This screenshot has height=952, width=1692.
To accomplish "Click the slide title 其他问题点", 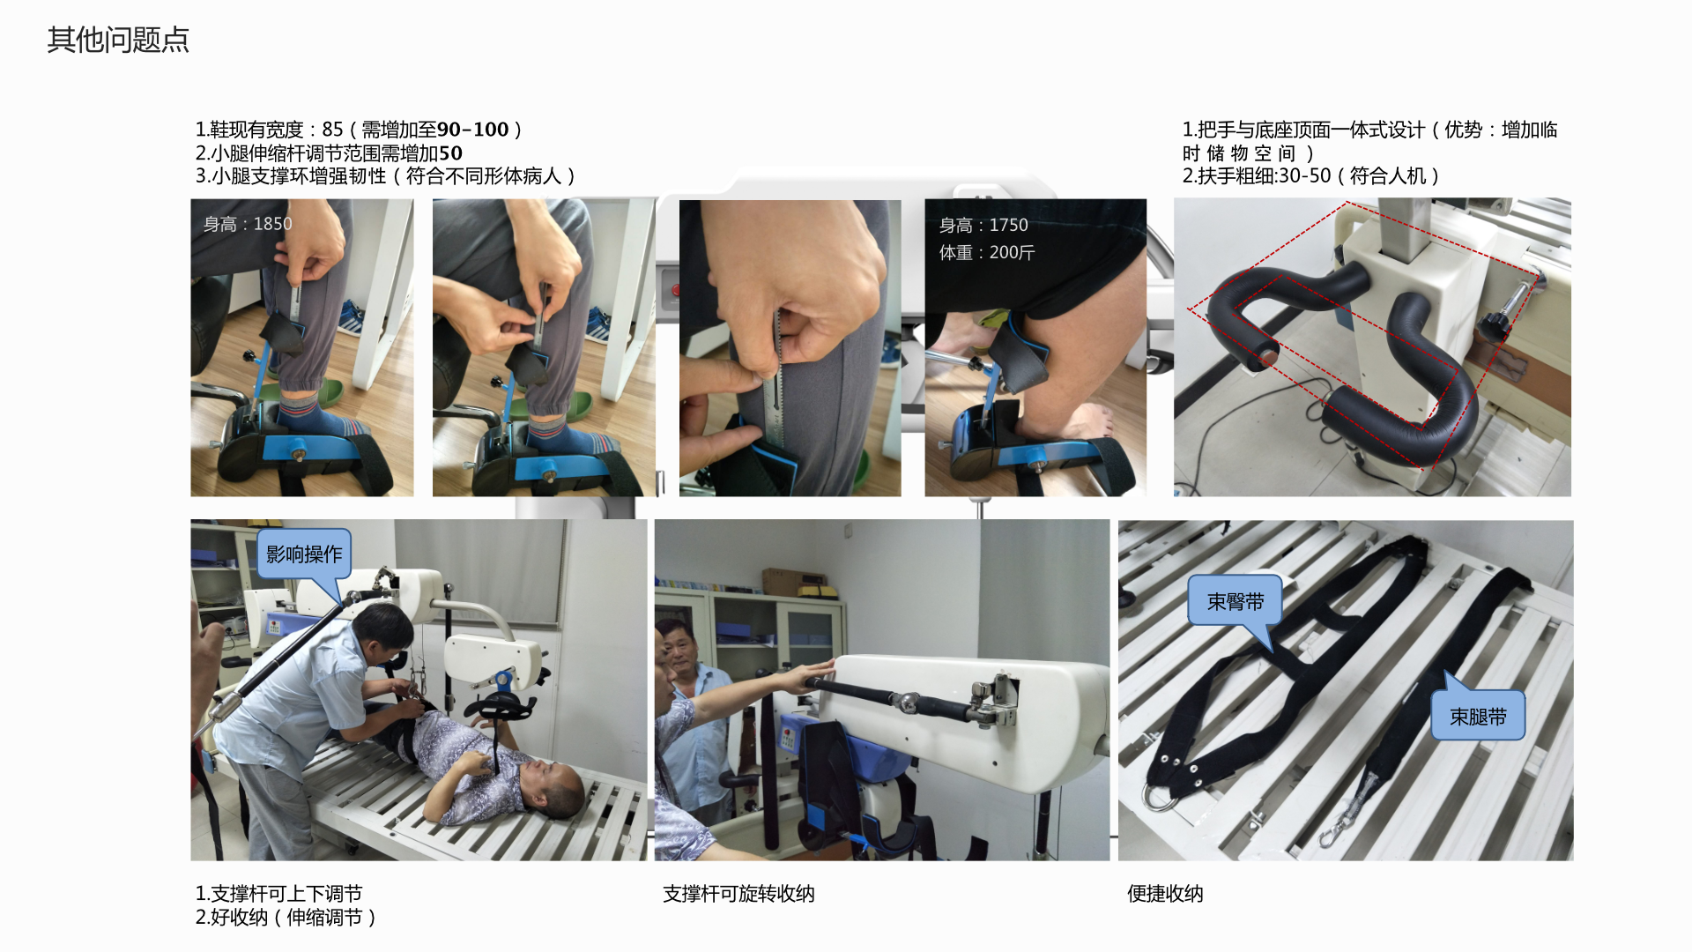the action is (118, 40).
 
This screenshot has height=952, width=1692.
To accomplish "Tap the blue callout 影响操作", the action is (304, 554).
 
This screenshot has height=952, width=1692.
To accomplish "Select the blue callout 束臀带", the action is (1235, 601).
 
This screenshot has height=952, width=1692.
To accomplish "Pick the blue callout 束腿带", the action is (1478, 715).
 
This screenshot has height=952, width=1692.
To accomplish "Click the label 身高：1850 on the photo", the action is (248, 224).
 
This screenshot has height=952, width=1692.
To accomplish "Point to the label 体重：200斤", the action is (987, 252).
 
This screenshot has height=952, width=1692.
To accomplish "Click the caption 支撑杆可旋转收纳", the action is (738, 894).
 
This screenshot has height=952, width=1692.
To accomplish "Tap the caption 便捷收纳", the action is (1165, 894).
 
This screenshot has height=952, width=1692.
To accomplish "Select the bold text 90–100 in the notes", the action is (473, 130).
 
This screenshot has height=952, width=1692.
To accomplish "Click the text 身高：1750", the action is (983, 225).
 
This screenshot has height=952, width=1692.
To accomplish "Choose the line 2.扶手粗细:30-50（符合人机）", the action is (1311, 175).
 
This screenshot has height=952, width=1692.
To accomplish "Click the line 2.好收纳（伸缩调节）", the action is (286, 918).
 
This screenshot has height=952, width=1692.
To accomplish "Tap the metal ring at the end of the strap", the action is (1155, 798).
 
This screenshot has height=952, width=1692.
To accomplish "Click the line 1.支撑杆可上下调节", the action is (278, 894).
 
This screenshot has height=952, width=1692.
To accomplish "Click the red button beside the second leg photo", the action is (676, 289).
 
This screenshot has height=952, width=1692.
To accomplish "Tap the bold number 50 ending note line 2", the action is (451, 152).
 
